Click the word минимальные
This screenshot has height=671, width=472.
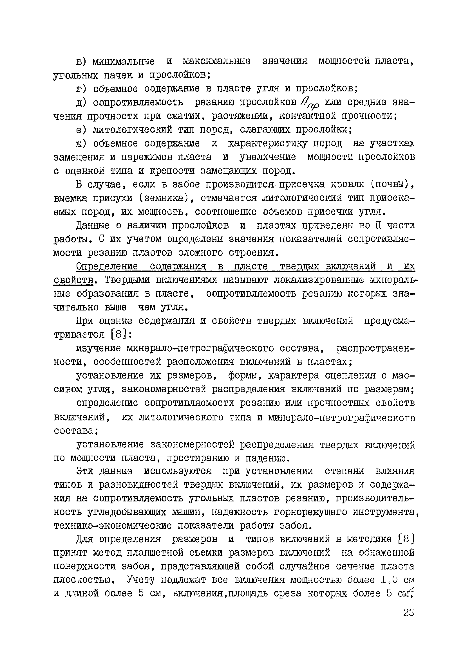tap(123, 62)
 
